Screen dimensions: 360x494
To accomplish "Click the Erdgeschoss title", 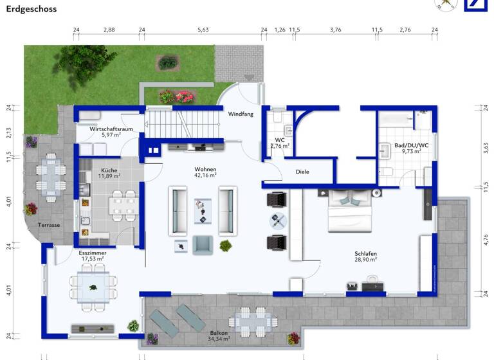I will click(32, 9).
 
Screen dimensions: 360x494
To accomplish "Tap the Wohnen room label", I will click(206, 170).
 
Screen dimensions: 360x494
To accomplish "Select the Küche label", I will click(109, 170).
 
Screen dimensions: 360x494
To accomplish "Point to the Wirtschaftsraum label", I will click(111, 129).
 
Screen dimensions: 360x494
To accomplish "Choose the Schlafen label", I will click(364, 254).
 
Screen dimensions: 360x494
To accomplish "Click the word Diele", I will click(302, 172).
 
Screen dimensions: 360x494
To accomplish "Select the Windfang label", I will click(241, 114).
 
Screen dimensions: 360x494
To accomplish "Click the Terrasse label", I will click(49, 225).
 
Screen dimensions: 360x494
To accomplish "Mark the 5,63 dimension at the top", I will click(203, 30).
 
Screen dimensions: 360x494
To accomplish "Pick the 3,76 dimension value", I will click(335, 30).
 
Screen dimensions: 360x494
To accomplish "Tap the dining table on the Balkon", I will click(252, 320).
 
